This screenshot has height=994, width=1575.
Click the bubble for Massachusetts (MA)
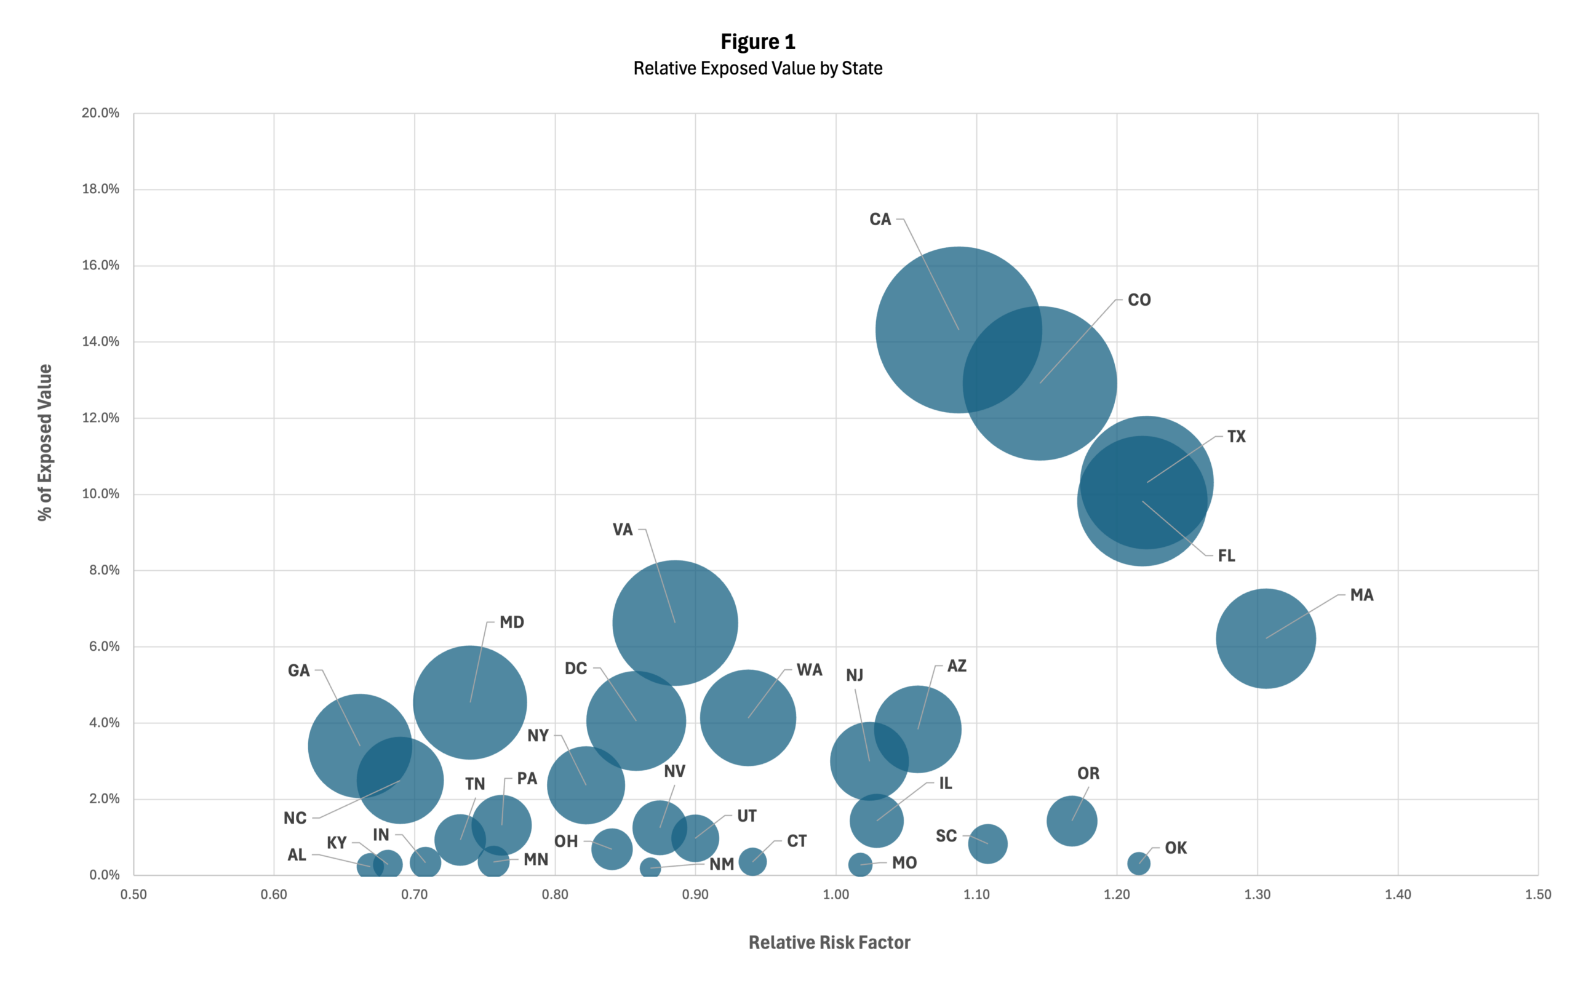coord(1266,638)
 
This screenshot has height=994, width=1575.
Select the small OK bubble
coord(1139,863)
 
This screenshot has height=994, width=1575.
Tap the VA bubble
coord(675,622)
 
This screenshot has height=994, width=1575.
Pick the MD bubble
coord(469,702)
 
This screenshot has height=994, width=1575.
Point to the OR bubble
coord(1071,821)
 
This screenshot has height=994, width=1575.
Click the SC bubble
coord(987,843)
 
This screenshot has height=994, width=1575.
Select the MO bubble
coord(860,864)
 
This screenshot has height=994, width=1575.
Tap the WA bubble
coord(748,717)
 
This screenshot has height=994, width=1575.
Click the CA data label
coord(880,219)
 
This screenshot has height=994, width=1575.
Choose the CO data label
coord(1139,300)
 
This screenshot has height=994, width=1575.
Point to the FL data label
coord(1226,556)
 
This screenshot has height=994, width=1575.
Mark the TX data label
coord(1236,436)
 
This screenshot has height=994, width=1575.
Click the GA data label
coord(298,670)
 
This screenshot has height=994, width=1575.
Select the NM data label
coord(722,864)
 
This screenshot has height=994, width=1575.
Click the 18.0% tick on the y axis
coord(101,189)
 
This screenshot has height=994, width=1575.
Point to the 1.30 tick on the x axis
coord(1257,894)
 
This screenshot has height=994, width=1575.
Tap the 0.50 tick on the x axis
coord(134,894)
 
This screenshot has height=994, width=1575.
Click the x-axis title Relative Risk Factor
coord(829,942)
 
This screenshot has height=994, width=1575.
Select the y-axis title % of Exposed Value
coord(44,442)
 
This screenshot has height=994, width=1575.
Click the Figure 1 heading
coord(757,42)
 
